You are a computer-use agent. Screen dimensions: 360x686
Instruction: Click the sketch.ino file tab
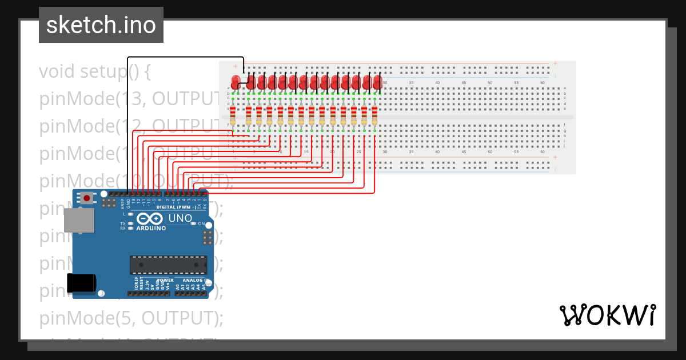[101, 25]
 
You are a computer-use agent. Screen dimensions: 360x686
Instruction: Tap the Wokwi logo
[607, 315]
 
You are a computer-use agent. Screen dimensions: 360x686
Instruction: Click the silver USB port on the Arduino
[79, 220]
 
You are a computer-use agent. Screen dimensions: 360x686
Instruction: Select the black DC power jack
[81, 284]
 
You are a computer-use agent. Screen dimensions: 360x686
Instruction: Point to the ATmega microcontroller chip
[168, 265]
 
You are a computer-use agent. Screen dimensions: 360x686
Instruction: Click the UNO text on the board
[180, 218]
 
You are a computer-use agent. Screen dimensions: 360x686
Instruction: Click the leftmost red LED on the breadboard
[234, 82]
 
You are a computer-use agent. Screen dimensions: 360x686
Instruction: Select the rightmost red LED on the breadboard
[377, 82]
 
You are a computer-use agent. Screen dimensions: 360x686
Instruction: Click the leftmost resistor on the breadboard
[232, 115]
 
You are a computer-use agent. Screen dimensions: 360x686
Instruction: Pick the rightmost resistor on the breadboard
[374, 115]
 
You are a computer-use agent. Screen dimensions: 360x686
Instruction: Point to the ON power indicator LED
[193, 223]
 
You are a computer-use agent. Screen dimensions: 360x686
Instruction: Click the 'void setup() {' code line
[95, 72]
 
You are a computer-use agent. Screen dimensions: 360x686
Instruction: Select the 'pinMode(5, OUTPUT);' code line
[131, 318]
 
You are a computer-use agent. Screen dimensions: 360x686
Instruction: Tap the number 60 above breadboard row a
[542, 83]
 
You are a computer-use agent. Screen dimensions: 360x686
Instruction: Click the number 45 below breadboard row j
[463, 152]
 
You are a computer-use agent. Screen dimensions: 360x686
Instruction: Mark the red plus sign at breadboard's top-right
[555, 63]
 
